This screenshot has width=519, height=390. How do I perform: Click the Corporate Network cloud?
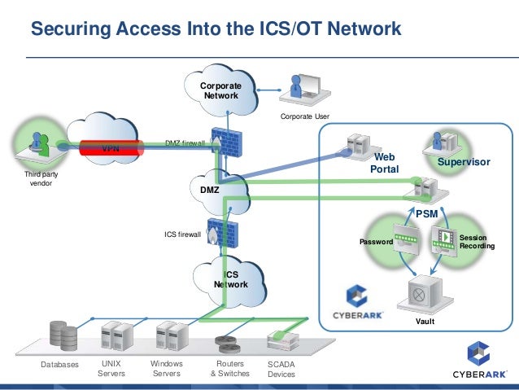tap(220, 90)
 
